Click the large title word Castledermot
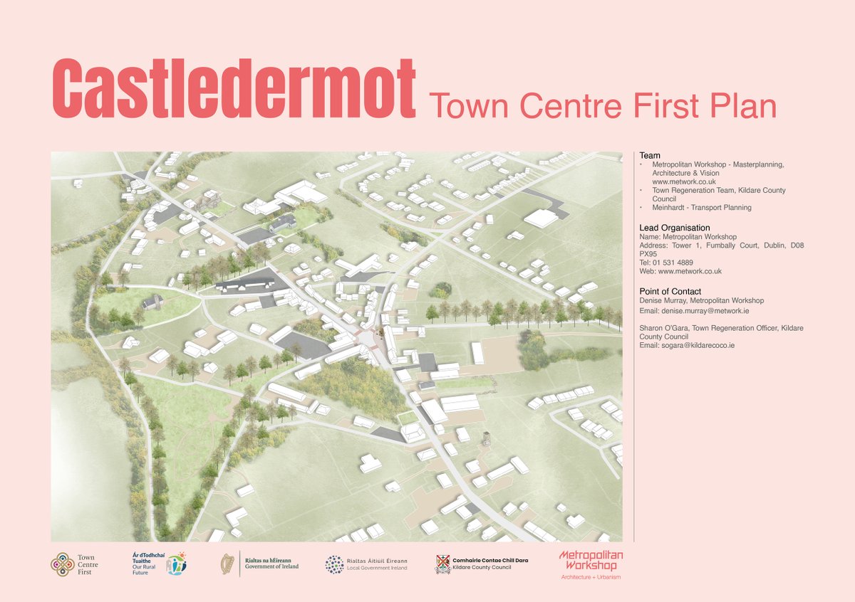click(234, 90)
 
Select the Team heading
click(650, 155)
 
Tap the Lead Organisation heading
click(675, 228)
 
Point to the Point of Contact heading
click(670, 292)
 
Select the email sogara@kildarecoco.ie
click(698, 345)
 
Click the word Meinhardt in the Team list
click(670, 208)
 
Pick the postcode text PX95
click(648, 254)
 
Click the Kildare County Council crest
click(442, 564)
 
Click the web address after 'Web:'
click(690, 271)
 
